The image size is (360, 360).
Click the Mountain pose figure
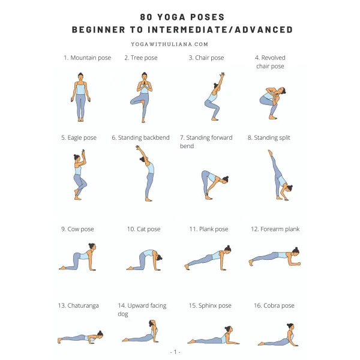click(80, 97)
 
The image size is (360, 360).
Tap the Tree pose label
click(141, 58)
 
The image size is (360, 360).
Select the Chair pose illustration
click(215, 96)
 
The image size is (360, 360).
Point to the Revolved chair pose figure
click(272, 103)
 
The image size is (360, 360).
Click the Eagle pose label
click(79, 137)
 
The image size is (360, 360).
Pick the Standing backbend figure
click(146, 173)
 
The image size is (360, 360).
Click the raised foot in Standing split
click(270, 152)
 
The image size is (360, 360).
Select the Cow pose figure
click(77, 257)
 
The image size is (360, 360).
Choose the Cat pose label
click(144, 229)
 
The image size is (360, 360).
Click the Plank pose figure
click(208, 257)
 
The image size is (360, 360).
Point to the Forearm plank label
click(275, 229)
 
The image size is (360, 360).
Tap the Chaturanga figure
click(80, 337)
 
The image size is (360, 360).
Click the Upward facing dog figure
click(140, 331)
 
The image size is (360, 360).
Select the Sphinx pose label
click(210, 305)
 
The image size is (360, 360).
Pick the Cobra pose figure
click(278, 335)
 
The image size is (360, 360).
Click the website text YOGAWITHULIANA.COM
click(170, 44)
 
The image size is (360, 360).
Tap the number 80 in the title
click(146, 17)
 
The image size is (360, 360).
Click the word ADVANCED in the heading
click(264, 29)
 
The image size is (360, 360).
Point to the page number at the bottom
click(175, 352)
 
